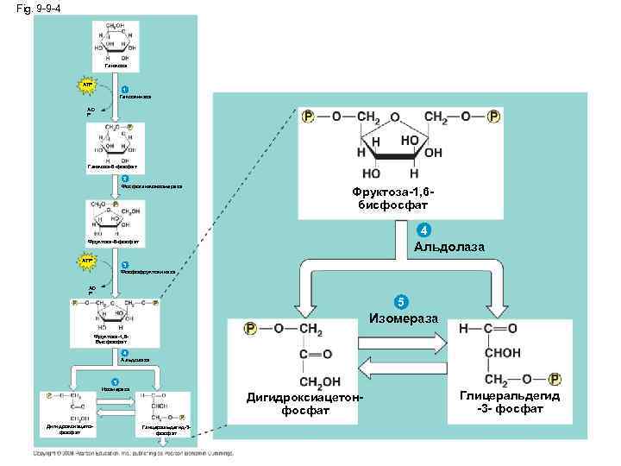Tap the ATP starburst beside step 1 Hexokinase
[87, 85]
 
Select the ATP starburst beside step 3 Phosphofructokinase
[87, 258]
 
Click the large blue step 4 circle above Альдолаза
[421, 230]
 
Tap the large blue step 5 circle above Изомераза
[398, 302]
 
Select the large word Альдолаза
[448, 248]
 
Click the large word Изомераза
[407, 319]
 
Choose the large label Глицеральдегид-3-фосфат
[509, 401]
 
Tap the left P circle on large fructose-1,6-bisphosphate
[308, 116]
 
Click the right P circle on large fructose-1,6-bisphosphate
[493, 116]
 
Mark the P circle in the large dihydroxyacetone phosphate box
[251, 329]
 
